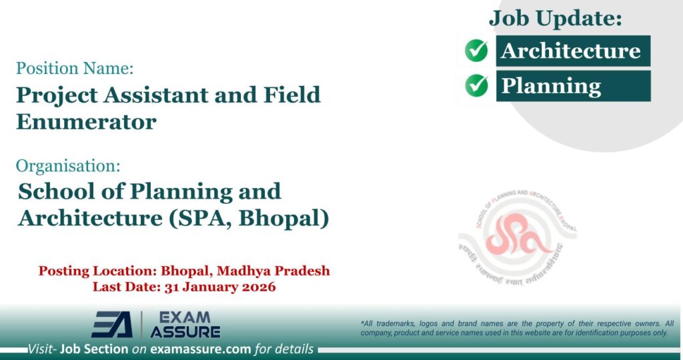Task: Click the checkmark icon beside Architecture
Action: pos(476,51)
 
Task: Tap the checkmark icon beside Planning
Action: pos(476,85)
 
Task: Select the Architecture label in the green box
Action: pos(571,51)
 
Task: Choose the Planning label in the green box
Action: pos(551,86)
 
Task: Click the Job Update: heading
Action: pos(556,18)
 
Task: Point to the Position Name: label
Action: pos(75,68)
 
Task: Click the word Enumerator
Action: pos(86,122)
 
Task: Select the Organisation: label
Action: pos(68,165)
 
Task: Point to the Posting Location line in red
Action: pos(184,271)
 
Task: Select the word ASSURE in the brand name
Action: pos(185,331)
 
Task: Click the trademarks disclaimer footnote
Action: pos(517,328)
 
